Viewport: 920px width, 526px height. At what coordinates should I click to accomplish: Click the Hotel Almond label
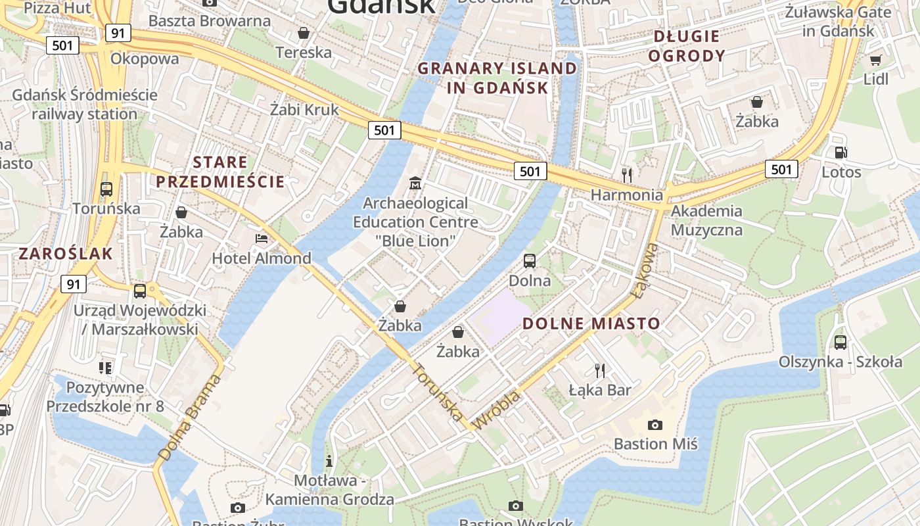(x=261, y=258)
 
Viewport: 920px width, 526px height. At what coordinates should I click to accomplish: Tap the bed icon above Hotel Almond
(x=262, y=238)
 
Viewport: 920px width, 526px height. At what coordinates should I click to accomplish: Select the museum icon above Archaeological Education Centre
(x=415, y=183)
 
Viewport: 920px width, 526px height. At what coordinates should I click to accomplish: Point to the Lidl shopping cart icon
(x=875, y=60)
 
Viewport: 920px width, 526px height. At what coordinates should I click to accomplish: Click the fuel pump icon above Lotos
(x=840, y=153)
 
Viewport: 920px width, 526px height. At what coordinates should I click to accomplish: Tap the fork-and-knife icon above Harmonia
(x=627, y=175)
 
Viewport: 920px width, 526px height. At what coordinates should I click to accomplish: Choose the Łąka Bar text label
(x=599, y=391)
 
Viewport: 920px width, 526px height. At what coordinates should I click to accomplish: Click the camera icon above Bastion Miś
(x=655, y=425)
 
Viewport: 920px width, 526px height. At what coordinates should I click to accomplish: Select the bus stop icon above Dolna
(x=530, y=261)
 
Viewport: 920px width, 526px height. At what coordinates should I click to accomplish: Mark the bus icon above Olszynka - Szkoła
(x=840, y=342)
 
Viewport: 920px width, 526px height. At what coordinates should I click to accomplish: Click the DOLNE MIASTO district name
(x=591, y=323)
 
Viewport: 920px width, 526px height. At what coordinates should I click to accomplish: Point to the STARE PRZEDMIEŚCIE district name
(x=220, y=172)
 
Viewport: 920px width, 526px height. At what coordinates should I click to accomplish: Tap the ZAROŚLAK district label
(x=66, y=254)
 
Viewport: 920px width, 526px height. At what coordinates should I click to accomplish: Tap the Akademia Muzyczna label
(x=706, y=220)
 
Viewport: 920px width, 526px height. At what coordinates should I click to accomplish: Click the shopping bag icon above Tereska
(x=304, y=33)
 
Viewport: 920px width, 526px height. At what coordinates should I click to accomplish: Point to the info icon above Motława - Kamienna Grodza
(x=329, y=460)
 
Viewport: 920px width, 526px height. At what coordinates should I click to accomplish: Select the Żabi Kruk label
(x=304, y=110)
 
